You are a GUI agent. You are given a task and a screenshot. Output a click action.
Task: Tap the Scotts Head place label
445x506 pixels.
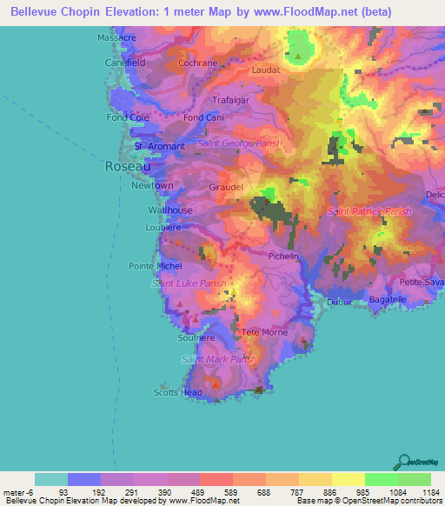(178, 392)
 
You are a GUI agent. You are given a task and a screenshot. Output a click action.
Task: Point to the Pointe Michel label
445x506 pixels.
(155, 265)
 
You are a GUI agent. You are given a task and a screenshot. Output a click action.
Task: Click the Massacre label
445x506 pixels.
(116, 38)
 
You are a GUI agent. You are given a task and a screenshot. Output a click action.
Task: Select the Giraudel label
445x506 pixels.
(225, 186)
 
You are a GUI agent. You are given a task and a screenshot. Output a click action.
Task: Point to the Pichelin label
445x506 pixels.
(283, 256)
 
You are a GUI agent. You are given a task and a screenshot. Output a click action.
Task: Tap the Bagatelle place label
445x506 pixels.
(388, 299)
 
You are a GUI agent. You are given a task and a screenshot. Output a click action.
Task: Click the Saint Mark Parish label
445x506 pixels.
(219, 359)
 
